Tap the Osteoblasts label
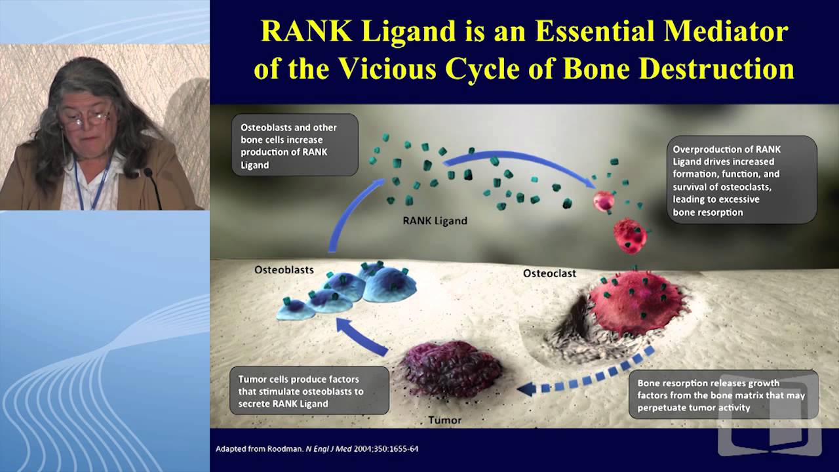coord(284,269)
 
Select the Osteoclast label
coord(549,273)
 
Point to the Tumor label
coord(444,420)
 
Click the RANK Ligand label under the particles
coord(435,221)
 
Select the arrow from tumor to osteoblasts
coord(361,334)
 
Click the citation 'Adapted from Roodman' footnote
coord(317,449)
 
